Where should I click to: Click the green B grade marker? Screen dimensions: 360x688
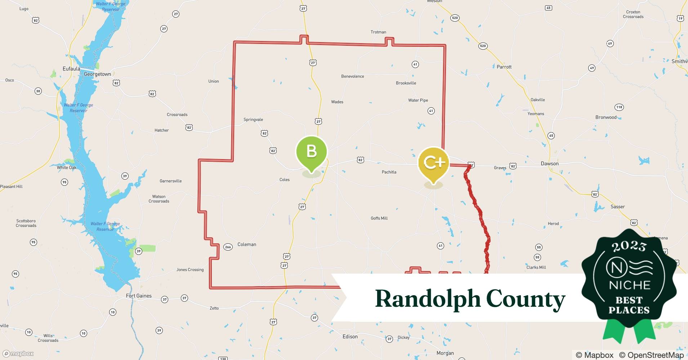point(311,151)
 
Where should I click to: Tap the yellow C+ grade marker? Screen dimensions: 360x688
point(433,163)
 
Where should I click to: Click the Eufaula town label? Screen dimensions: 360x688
point(71,69)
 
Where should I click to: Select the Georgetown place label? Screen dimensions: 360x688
point(97,74)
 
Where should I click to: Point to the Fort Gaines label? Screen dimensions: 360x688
point(139,296)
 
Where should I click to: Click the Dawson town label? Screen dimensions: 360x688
point(550,163)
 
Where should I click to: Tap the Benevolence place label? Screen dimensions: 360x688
point(352,76)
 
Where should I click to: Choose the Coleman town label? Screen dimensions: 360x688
point(247,244)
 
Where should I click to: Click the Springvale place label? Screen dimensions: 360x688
point(253,120)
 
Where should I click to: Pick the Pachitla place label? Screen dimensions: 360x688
point(389,172)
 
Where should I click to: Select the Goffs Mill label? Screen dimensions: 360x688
point(379,218)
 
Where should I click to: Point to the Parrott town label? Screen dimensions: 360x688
point(504,67)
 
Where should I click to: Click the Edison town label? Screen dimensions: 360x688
point(350,337)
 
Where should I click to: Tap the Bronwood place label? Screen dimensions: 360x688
point(606,117)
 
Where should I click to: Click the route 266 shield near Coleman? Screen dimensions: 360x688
point(228,247)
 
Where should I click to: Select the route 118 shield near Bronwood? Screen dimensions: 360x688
point(619,107)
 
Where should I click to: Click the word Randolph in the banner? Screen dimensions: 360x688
point(428,300)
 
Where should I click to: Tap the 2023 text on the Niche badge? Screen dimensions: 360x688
point(629,246)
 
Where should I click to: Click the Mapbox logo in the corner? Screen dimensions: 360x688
point(18,354)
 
